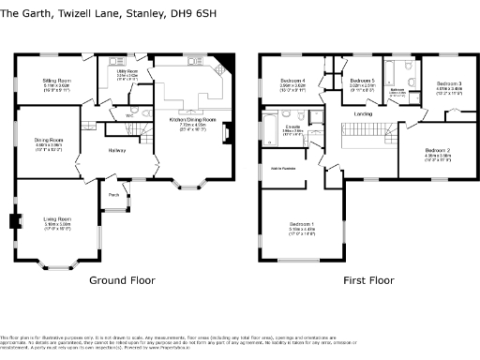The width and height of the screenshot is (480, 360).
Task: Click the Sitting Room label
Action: [x=52, y=82]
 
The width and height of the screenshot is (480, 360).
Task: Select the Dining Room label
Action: [x=51, y=140]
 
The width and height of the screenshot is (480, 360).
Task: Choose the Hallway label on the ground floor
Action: [x=117, y=151]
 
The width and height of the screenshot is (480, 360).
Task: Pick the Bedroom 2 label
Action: [x=438, y=150]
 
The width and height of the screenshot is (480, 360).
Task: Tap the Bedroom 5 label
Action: [x=362, y=82]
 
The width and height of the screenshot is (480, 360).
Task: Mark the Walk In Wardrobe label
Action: [x=283, y=168]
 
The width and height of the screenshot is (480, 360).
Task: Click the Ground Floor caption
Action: [x=121, y=280]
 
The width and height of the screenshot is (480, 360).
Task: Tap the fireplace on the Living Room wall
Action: [x=12, y=222]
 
